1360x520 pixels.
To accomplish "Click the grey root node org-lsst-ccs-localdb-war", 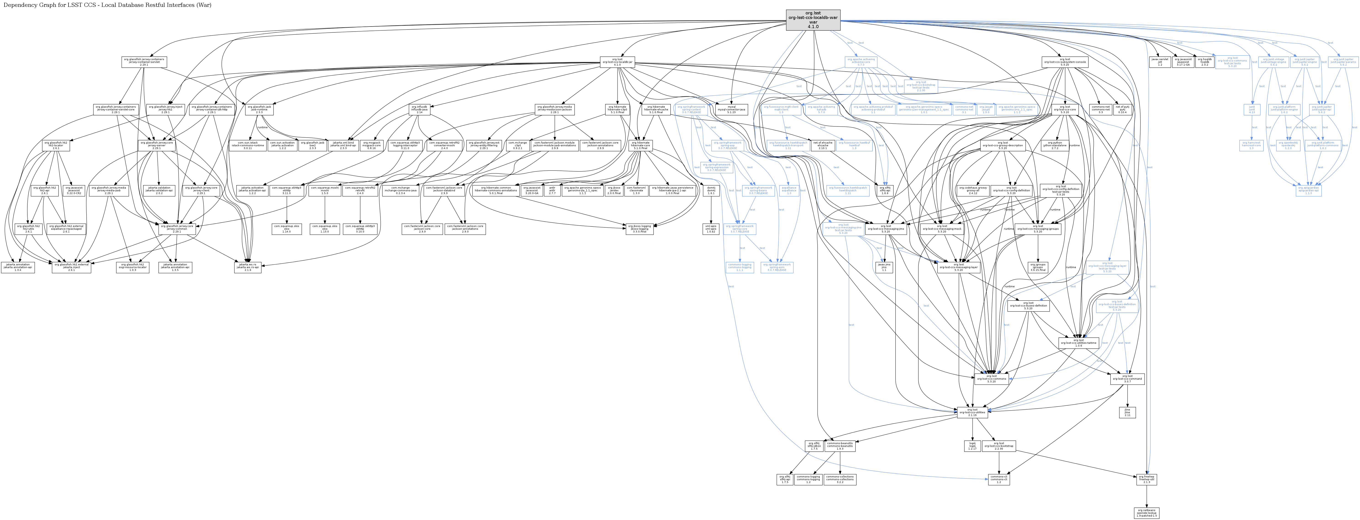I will pyautogui.click(x=813, y=20).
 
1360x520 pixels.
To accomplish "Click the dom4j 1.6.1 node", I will pyautogui.click(x=711, y=190).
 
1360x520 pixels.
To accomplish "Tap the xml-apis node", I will pyautogui.click(x=711, y=229).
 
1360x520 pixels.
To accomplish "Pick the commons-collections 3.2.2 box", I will pyautogui.click(x=840, y=479).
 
